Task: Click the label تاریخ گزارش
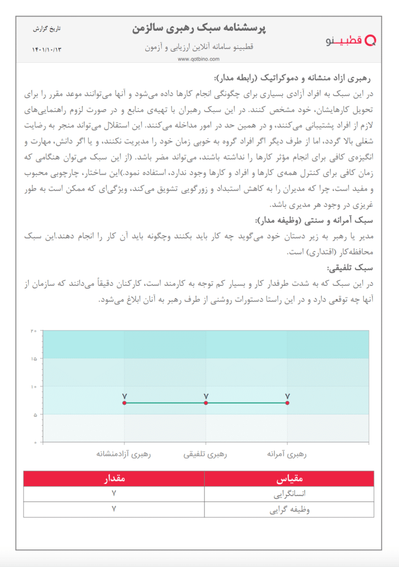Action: click(48, 28)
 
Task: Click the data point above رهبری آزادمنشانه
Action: click(124, 403)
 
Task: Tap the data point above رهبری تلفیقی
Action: click(206, 403)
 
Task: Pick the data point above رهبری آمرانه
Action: click(287, 403)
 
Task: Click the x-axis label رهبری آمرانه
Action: click(287, 455)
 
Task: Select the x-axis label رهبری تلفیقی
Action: click(206, 455)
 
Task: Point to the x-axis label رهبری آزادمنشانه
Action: click(124, 455)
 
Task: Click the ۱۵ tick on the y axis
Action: click(34, 359)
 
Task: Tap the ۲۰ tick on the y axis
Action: click(34, 331)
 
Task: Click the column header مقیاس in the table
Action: click(288, 478)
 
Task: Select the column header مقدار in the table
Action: click(114, 478)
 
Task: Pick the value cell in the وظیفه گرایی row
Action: click(114, 510)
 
